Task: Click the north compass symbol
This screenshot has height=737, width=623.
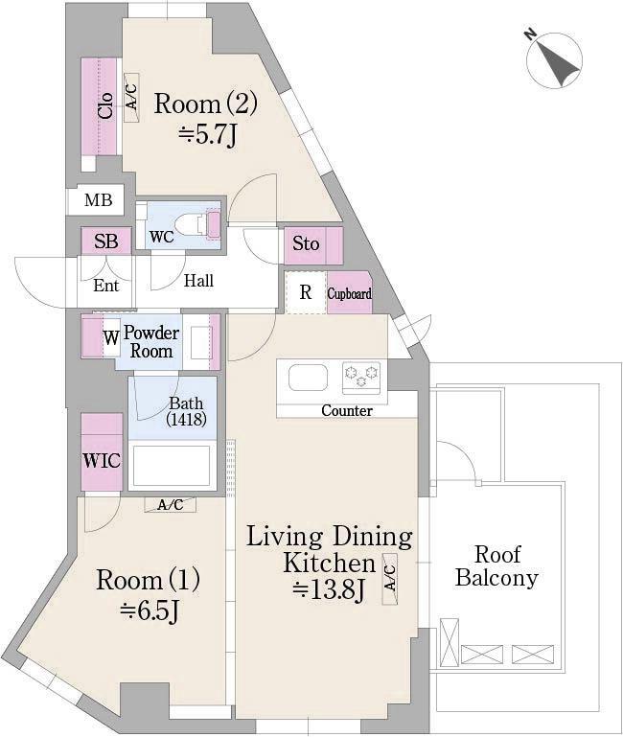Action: click(x=554, y=59)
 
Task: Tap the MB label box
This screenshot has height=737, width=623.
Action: click(x=99, y=200)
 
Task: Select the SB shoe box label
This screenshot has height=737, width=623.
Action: click(x=105, y=242)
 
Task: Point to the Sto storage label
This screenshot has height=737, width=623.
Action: click(x=306, y=244)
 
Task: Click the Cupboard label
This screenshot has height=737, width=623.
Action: click(x=349, y=294)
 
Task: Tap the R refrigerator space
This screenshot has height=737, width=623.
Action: click(x=306, y=292)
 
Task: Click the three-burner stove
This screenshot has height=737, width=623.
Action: click(x=361, y=377)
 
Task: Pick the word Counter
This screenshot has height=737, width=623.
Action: click(x=347, y=410)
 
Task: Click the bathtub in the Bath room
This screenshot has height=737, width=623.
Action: click(x=172, y=466)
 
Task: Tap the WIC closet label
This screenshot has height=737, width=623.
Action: click(x=102, y=461)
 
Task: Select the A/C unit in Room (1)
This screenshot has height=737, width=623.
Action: click(x=171, y=505)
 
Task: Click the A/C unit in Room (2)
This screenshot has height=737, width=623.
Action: click(x=131, y=98)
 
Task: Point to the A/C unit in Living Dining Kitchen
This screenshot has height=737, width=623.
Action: click(x=390, y=579)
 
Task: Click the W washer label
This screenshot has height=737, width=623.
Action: click(x=111, y=338)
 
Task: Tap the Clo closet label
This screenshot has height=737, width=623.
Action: click(x=105, y=105)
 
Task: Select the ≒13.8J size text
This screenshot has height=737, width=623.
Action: click(x=329, y=589)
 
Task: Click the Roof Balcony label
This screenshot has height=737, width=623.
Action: click(x=497, y=566)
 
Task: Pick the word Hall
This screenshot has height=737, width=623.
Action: click(x=198, y=281)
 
